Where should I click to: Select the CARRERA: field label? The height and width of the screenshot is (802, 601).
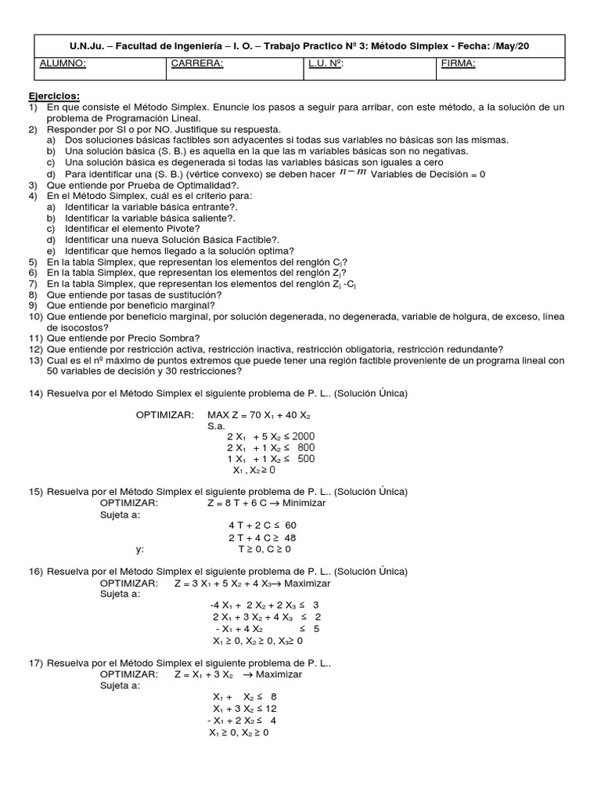pyautogui.click(x=196, y=65)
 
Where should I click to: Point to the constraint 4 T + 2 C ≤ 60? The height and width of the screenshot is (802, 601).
pyautogui.click(x=262, y=525)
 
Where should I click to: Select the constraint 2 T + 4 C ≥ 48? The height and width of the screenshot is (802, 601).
pyautogui.click(x=262, y=538)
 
